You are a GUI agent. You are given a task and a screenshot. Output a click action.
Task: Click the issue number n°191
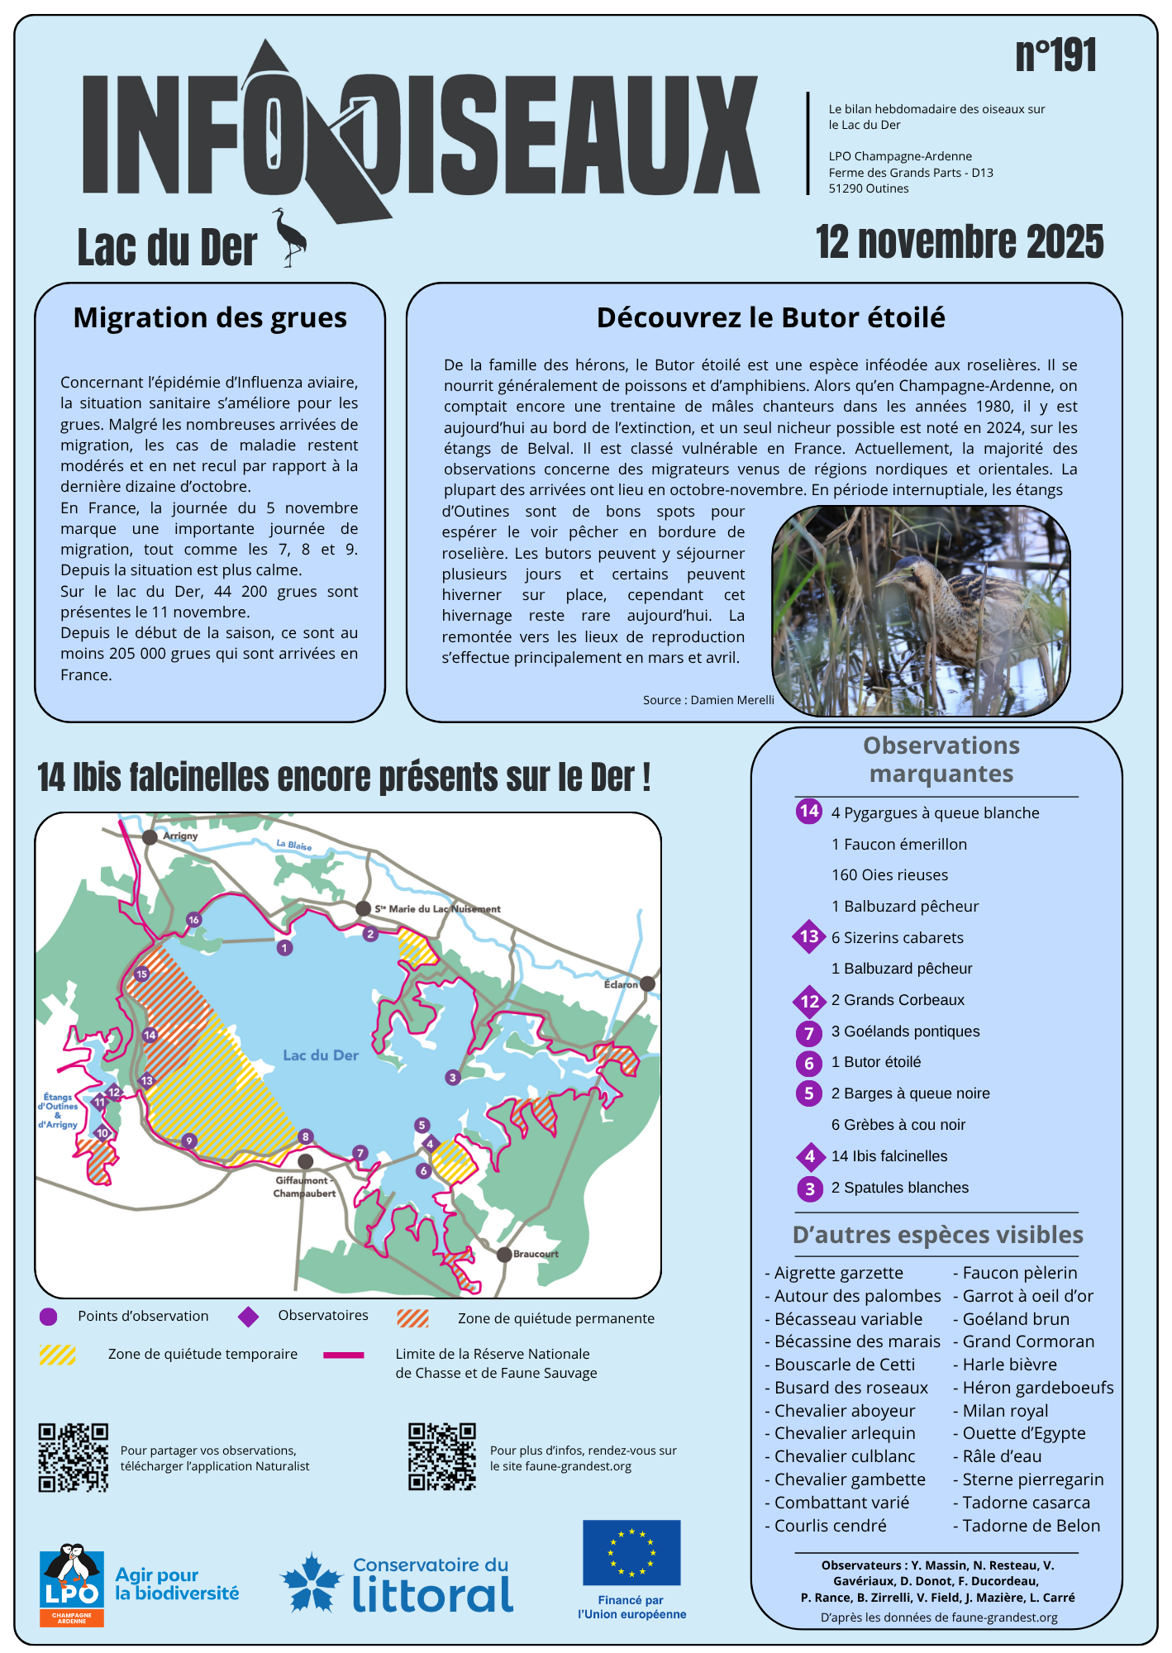click(x=1055, y=56)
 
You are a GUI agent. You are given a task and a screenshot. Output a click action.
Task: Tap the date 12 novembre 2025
click(x=959, y=242)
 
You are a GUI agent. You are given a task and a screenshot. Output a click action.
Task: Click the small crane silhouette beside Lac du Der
click(x=290, y=237)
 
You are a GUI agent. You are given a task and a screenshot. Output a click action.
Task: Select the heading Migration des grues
click(x=210, y=317)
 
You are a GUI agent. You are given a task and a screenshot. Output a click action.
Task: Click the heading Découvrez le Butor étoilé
click(x=770, y=317)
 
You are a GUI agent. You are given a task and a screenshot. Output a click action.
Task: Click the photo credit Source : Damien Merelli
click(x=708, y=700)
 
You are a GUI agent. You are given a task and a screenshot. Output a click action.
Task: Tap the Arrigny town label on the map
click(x=180, y=836)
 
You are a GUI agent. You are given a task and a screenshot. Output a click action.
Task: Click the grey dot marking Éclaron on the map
click(x=647, y=984)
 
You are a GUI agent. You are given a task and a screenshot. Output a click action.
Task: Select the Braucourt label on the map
click(x=536, y=1254)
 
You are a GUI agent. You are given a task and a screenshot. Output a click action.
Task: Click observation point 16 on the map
click(x=193, y=920)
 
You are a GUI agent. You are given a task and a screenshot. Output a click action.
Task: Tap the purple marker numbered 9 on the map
click(x=189, y=1141)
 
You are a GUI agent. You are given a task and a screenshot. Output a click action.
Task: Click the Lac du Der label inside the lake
click(x=321, y=1055)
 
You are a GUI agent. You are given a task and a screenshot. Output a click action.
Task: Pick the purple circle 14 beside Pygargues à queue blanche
click(x=809, y=811)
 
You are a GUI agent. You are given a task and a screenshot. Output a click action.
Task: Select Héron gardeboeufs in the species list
click(x=1037, y=1388)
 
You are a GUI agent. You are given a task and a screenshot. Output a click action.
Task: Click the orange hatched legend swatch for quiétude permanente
click(x=412, y=1318)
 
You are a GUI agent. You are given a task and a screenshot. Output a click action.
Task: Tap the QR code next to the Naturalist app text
click(x=73, y=1457)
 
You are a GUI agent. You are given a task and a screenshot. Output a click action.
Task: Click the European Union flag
click(x=631, y=1552)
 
